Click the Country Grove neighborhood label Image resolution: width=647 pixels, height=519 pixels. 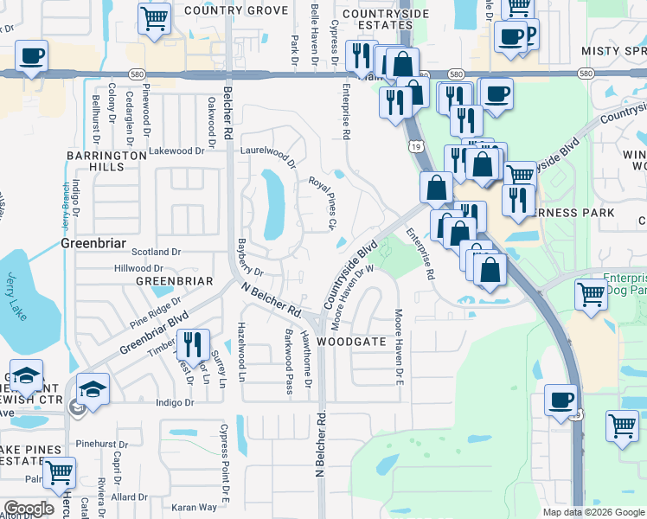click(235, 10)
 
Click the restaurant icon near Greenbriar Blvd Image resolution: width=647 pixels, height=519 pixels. click(193, 343)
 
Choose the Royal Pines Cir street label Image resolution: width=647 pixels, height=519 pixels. click(323, 203)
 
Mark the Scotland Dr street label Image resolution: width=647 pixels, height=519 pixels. click(156, 252)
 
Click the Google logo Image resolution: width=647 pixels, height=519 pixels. click(29, 509)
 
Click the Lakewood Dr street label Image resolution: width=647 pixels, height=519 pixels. click(176, 151)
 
